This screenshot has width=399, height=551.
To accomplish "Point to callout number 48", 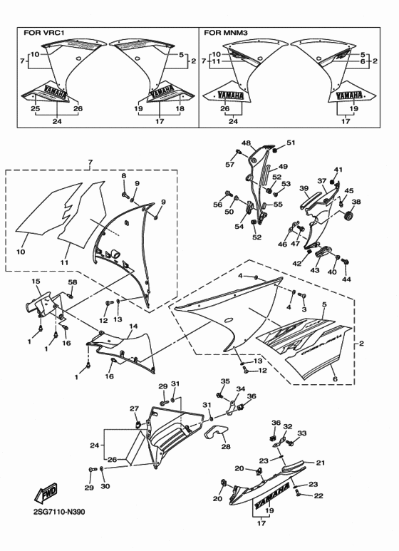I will click(x=247, y=143).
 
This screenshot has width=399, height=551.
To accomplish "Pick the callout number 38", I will click(x=356, y=202).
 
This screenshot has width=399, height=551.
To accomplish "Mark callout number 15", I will click(x=35, y=282).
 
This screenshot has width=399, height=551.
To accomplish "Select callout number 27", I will click(x=133, y=408).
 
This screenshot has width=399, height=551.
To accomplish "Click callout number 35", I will click(x=224, y=382).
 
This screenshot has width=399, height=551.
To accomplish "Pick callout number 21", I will click(x=320, y=462).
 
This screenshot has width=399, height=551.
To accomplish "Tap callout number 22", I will click(x=318, y=495).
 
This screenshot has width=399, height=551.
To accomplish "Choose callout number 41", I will click(x=338, y=170).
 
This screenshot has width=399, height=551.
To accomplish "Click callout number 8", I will click(x=123, y=175).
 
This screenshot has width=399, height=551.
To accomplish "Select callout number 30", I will click(x=105, y=488).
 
